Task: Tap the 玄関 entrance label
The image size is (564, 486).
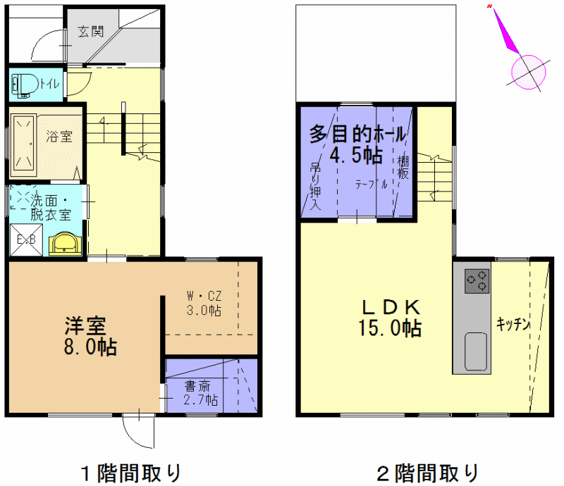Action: (x=91, y=32)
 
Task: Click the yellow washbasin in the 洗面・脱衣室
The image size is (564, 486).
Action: (x=65, y=244)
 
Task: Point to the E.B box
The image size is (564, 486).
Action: (x=26, y=239)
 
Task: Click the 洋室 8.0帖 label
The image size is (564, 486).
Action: (x=90, y=336)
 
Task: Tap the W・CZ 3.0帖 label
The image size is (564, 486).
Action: (x=204, y=303)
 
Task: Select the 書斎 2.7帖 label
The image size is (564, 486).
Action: (x=200, y=393)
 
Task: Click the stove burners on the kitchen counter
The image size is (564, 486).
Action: (x=477, y=281)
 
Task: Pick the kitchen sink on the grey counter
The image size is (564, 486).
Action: (x=476, y=351)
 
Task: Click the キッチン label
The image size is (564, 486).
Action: (x=513, y=324)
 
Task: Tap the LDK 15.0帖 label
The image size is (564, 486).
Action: (x=391, y=318)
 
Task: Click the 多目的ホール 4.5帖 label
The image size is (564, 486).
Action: (x=357, y=144)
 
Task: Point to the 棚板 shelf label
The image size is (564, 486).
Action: (x=403, y=168)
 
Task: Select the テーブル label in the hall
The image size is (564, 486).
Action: (x=372, y=185)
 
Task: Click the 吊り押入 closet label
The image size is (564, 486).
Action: (x=315, y=186)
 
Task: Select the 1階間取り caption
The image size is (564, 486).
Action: (x=131, y=473)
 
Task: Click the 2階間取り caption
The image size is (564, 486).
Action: (x=427, y=473)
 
